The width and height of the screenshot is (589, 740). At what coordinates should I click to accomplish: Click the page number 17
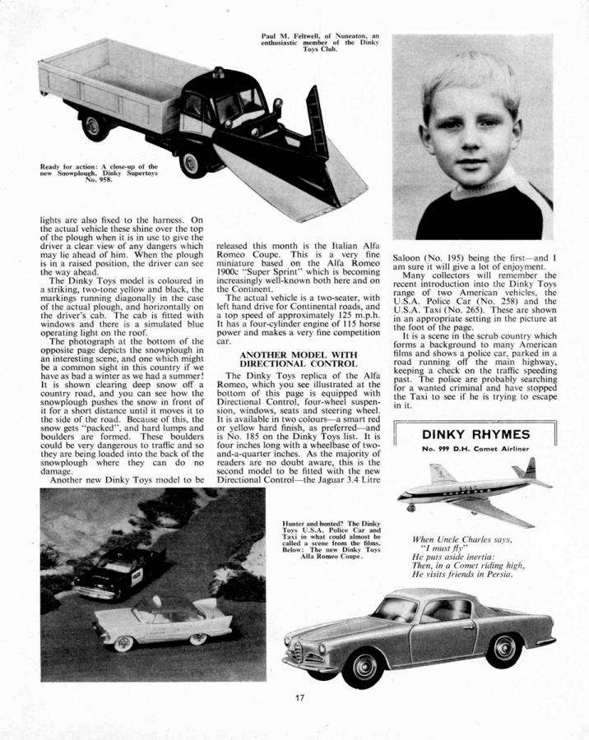(300, 698)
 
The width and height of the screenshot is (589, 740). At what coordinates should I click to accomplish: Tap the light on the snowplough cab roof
(218, 72)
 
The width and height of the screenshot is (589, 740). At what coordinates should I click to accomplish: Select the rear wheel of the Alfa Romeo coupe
(503, 650)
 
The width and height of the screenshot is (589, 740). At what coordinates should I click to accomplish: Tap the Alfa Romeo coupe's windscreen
(397, 609)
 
